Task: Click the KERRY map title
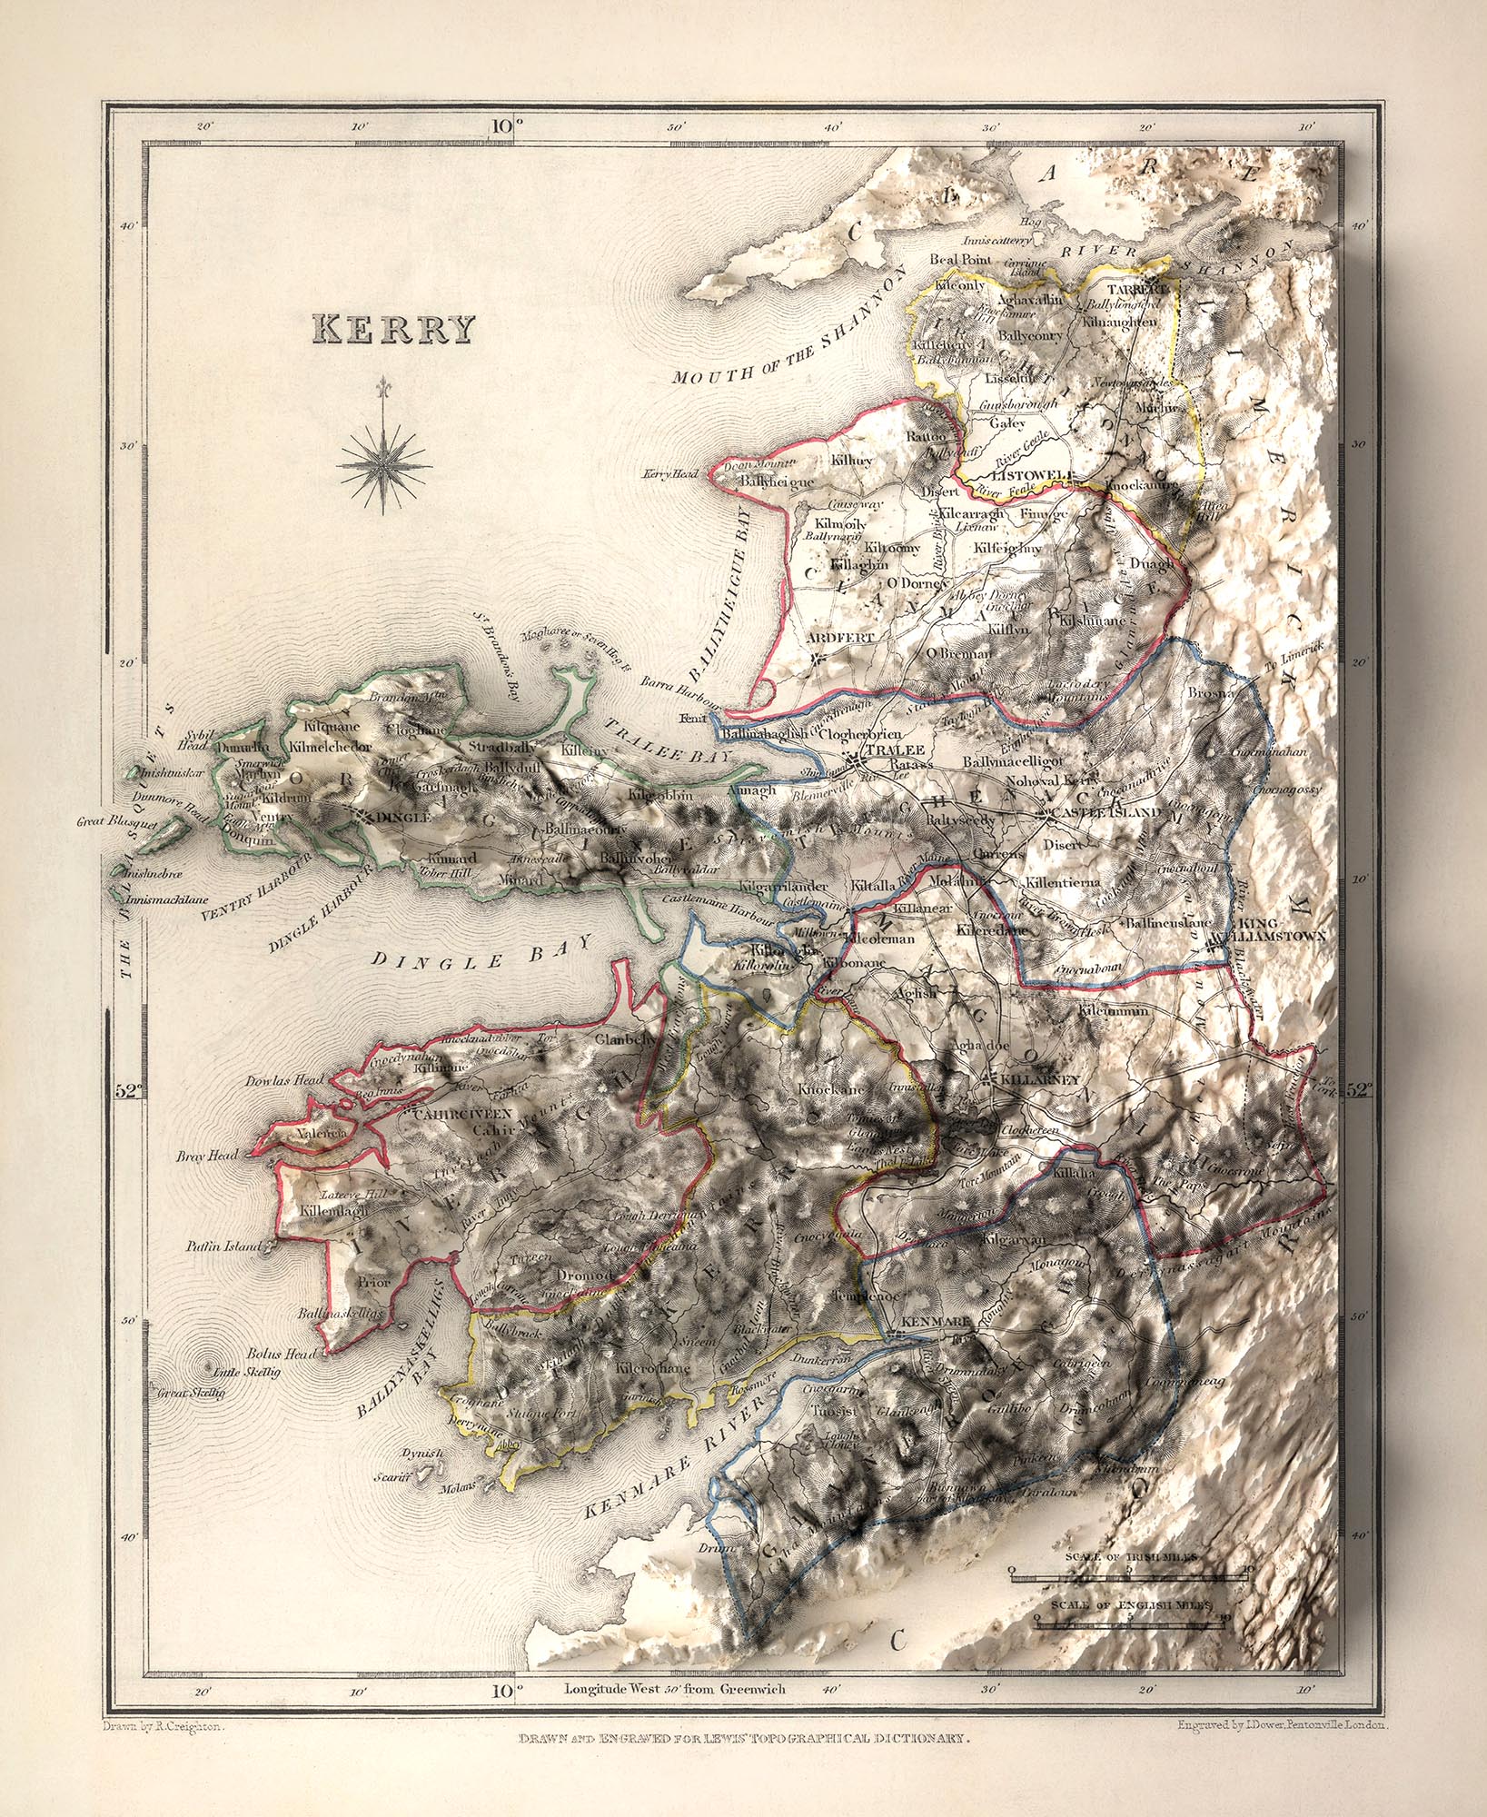click(393, 330)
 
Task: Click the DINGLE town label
click(404, 817)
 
